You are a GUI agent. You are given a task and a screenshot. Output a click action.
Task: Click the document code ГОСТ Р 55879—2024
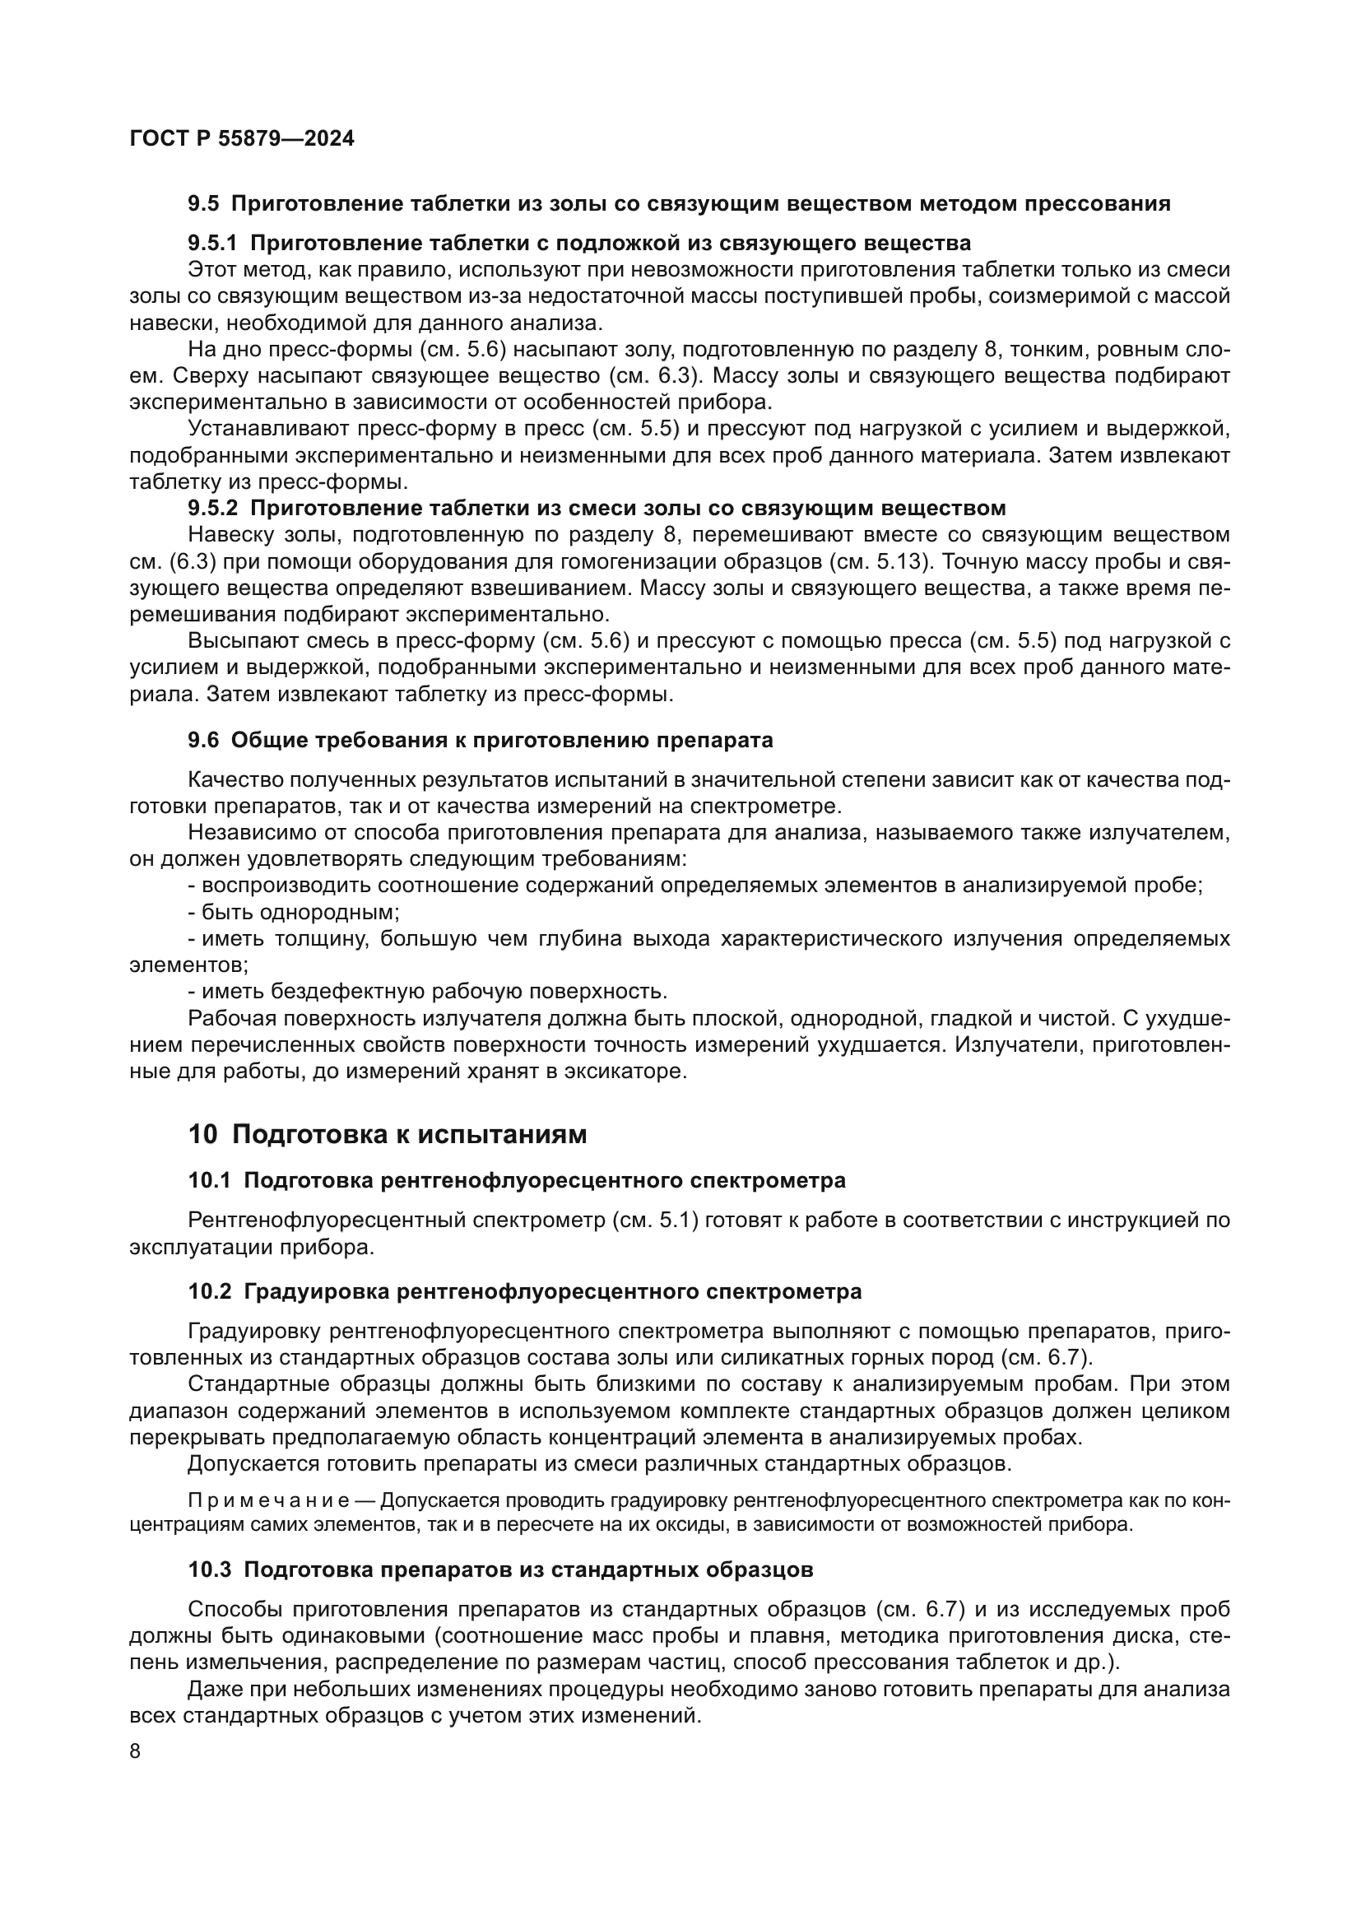pyautogui.click(x=242, y=139)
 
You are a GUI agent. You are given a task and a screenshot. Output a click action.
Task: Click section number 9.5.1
pyautogui.click(x=213, y=244)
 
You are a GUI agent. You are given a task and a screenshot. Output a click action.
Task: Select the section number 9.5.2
pyautogui.click(x=213, y=508)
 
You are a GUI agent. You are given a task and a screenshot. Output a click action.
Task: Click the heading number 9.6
pyautogui.click(x=202, y=741)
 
